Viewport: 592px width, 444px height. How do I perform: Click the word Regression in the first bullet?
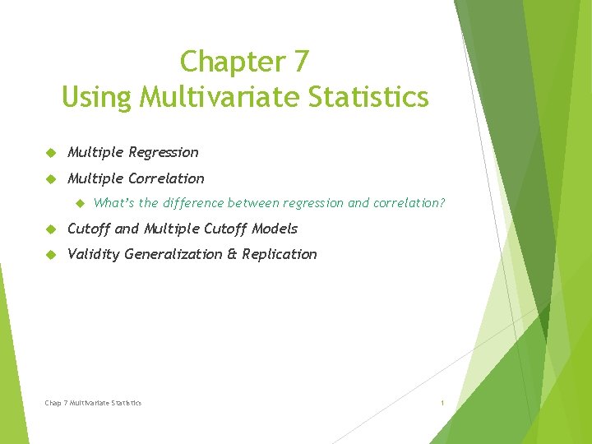(x=164, y=152)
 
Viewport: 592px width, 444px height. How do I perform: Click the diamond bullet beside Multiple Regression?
(x=49, y=152)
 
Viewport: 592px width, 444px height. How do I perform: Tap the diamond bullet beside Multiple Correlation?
(x=49, y=178)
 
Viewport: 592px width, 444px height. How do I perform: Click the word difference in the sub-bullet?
(x=193, y=203)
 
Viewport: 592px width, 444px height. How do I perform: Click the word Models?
(x=275, y=229)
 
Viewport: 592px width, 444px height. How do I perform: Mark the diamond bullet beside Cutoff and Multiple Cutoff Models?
(x=49, y=229)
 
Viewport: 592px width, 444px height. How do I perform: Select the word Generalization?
(x=173, y=254)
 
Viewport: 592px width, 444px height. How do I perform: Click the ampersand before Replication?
(x=232, y=254)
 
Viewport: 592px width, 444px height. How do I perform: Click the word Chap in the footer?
(x=53, y=403)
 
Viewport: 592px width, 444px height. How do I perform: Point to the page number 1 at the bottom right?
(x=442, y=403)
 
